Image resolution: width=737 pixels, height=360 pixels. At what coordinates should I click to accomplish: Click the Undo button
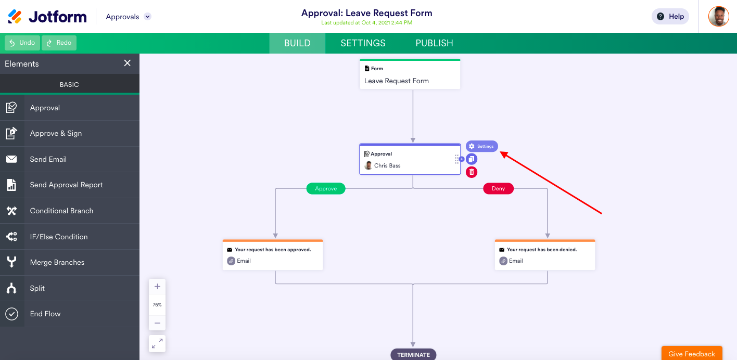(22, 43)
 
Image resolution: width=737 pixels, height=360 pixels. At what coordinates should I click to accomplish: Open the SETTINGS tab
(363, 43)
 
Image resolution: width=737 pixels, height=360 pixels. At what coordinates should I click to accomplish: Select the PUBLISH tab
(434, 43)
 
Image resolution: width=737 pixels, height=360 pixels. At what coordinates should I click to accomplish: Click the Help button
(670, 17)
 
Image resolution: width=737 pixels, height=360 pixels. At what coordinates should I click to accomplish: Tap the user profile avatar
(718, 17)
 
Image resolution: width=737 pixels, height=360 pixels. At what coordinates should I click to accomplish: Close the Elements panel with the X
(127, 63)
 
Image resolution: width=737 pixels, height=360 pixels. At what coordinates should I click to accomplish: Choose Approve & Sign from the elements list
(56, 133)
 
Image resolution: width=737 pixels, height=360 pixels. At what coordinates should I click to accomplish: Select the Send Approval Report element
(66, 185)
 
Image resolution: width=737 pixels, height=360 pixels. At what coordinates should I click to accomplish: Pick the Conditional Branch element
(61, 211)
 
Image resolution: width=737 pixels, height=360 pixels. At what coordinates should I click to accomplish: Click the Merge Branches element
(57, 262)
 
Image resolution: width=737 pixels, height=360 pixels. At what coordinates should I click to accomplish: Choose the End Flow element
(45, 314)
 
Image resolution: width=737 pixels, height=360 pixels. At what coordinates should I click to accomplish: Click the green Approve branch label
(326, 189)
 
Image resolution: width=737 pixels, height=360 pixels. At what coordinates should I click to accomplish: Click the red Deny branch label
(498, 189)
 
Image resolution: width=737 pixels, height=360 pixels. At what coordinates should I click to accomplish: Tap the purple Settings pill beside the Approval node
(481, 147)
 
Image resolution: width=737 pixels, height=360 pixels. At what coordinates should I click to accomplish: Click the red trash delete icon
(472, 172)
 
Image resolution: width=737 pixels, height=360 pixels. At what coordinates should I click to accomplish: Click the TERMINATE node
(413, 355)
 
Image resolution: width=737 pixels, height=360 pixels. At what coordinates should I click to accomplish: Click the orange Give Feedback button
(691, 354)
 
